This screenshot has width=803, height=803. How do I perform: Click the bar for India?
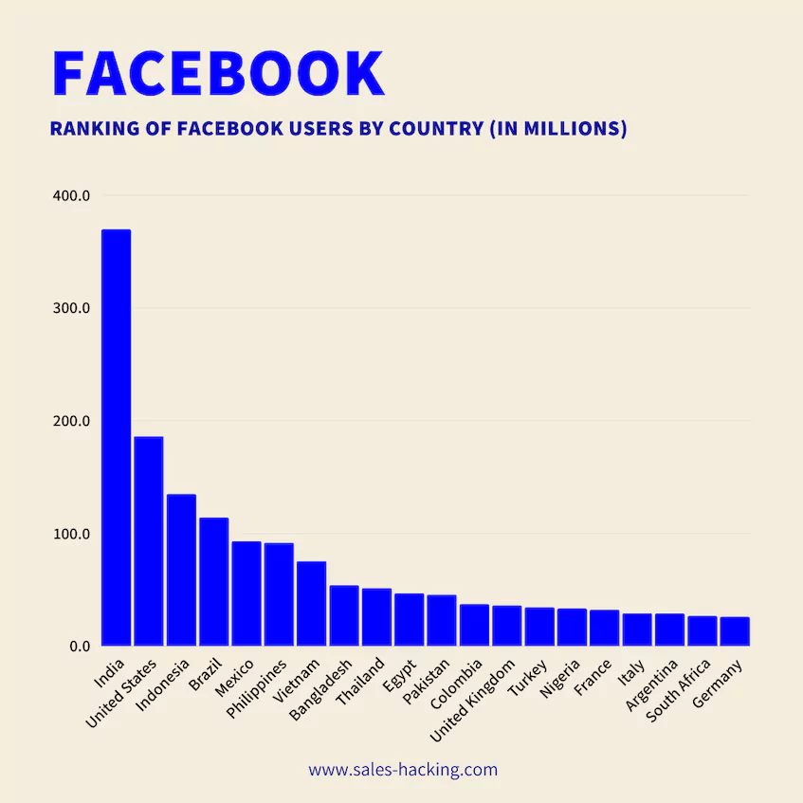(x=116, y=437)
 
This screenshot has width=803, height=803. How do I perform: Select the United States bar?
(x=149, y=540)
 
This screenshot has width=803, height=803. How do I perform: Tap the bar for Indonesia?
(x=181, y=570)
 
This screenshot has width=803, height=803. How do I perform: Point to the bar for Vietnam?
(x=311, y=603)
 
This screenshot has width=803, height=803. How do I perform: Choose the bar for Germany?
(x=734, y=631)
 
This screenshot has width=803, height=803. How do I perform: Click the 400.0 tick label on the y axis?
(x=71, y=196)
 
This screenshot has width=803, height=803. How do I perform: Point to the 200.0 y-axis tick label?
(x=71, y=421)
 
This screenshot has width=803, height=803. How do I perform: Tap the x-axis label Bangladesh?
(x=322, y=689)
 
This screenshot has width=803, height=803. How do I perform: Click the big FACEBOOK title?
(x=218, y=73)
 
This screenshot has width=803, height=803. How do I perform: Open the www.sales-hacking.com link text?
(x=402, y=770)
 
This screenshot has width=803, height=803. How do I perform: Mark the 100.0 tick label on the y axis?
(x=71, y=534)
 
